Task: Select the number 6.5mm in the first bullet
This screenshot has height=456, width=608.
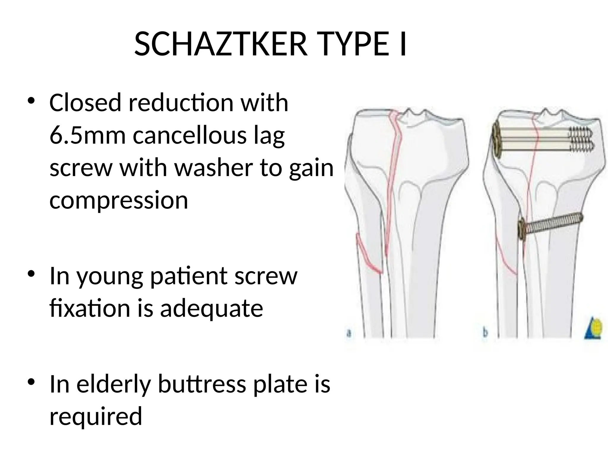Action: click(x=88, y=135)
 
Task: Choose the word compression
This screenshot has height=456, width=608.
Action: click(x=119, y=201)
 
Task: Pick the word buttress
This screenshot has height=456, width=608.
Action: click(x=202, y=384)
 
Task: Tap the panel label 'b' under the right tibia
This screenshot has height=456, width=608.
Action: click(x=485, y=332)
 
